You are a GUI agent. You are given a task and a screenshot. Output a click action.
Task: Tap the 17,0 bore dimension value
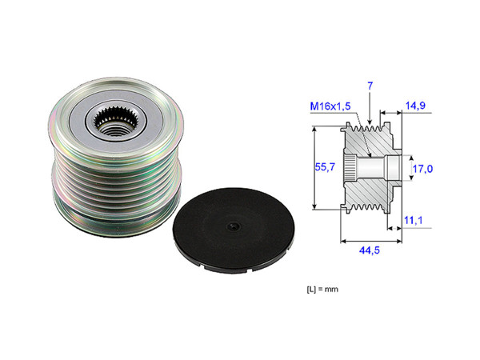click(422, 169)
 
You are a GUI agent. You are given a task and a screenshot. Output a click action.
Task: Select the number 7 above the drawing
click(370, 85)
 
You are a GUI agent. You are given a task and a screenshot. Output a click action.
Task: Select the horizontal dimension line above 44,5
click(370, 238)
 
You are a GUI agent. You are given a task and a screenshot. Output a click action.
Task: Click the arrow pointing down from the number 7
click(370, 108)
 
